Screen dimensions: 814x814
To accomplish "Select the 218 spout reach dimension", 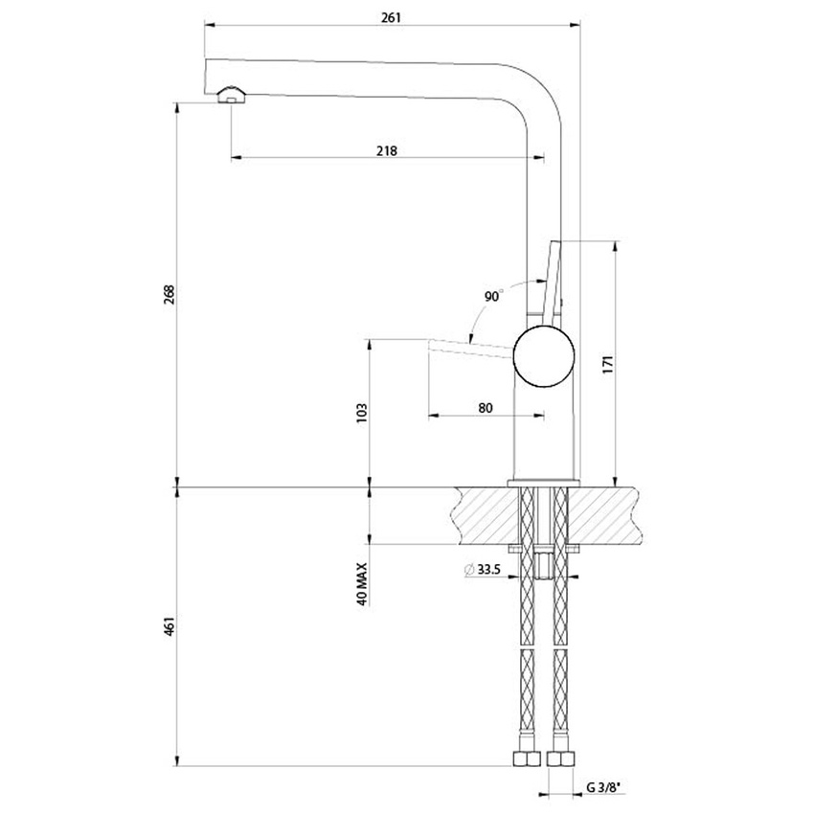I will click(x=387, y=150).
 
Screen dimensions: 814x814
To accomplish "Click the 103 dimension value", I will click(x=361, y=413).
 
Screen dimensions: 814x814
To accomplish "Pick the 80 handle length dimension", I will click(x=485, y=408).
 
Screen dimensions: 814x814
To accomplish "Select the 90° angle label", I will click(x=492, y=297).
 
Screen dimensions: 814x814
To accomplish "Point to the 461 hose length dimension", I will click(x=169, y=627).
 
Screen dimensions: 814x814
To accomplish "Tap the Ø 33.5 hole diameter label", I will click(x=484, y=570).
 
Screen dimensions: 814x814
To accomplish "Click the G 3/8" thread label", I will click(x=603, y=787).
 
